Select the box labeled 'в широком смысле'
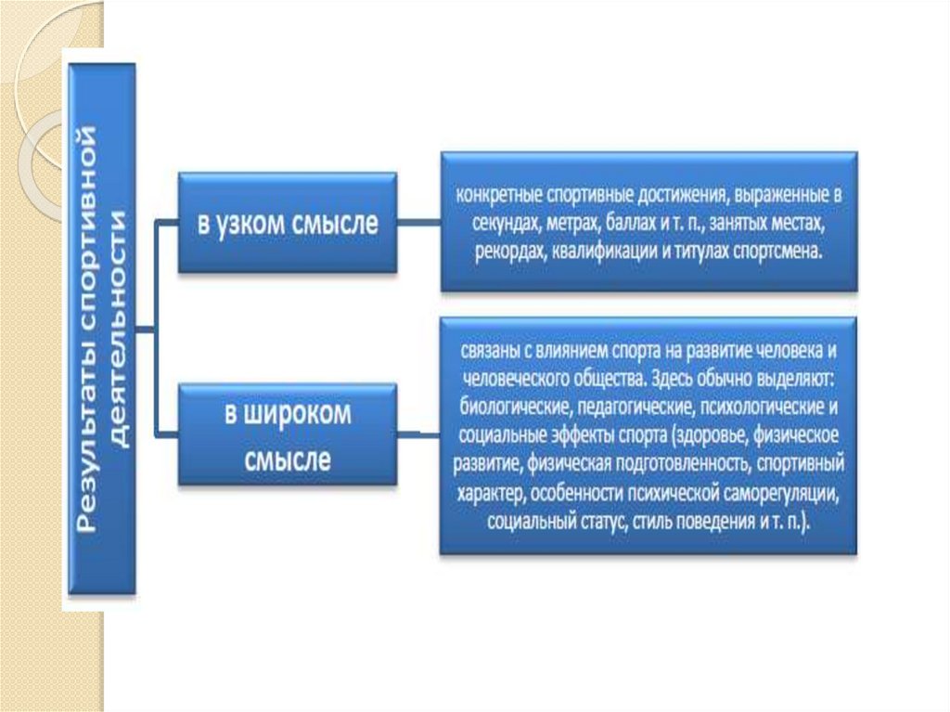288,434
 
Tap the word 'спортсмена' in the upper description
781,251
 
